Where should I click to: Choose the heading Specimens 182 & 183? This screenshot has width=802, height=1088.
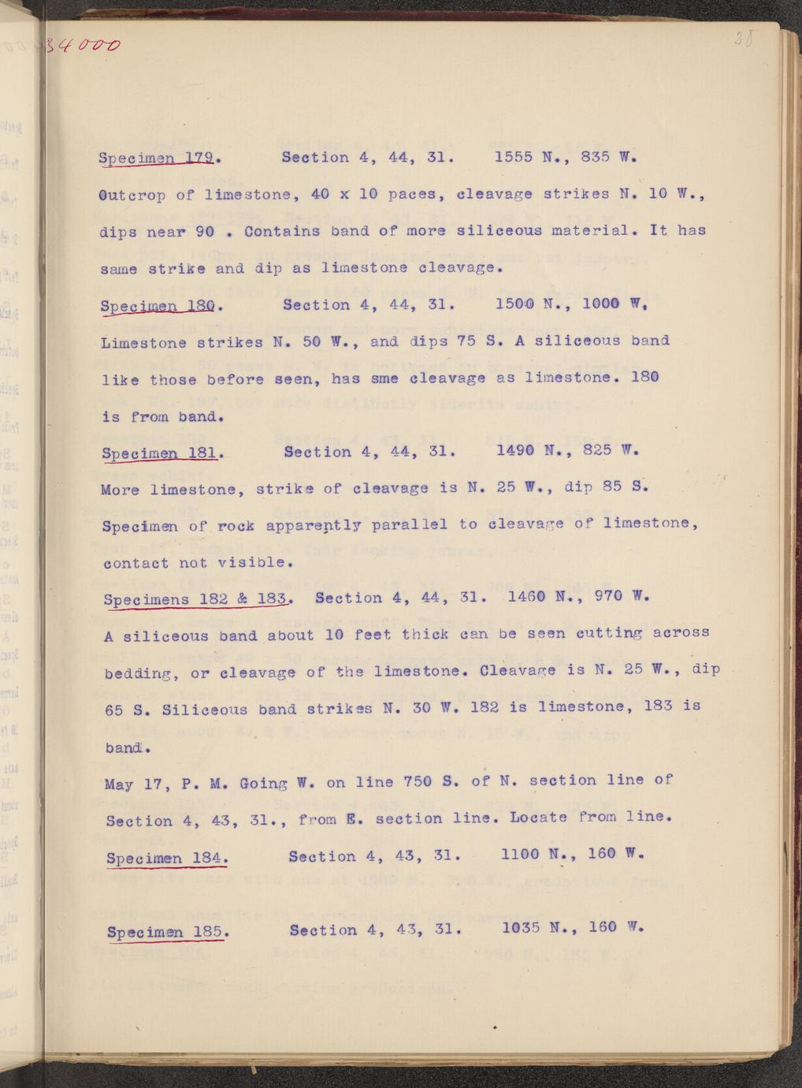click(197, 598)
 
